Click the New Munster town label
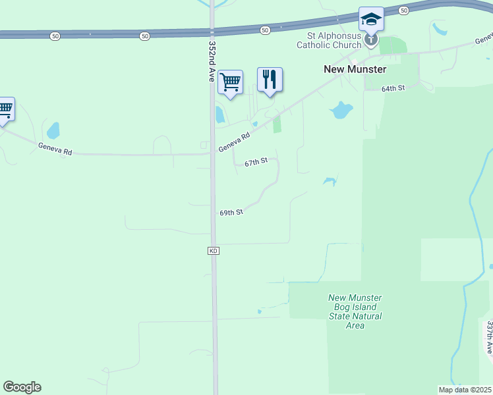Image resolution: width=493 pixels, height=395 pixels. pos(355,68)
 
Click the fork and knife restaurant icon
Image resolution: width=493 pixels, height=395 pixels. pos(270,80)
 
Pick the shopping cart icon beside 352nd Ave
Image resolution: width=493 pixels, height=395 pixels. pos(230,82)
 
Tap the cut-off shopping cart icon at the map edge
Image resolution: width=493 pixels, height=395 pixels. pos(5,109)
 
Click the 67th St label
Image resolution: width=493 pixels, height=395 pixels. pos(256,161)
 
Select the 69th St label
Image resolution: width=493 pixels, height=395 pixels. pos(231,213)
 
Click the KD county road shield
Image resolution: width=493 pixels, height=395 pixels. pos(213,251)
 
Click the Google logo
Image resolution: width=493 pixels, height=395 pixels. pos(22,386)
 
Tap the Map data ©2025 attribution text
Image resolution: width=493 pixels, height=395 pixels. pos(465,389)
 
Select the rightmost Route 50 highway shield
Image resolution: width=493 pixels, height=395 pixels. pos(404,11)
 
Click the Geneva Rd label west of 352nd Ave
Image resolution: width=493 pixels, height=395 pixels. pos(54,149)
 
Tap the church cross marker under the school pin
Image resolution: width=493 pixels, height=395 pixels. pos(371,41)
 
